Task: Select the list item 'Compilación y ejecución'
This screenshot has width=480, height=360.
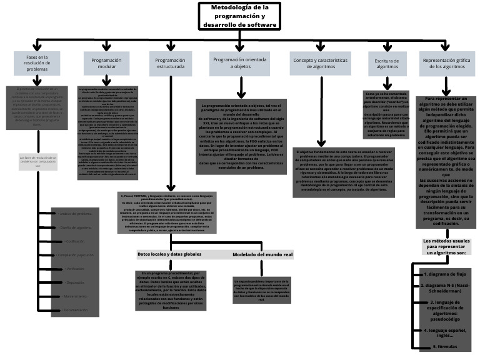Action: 74,255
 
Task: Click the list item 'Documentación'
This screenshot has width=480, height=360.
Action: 74,310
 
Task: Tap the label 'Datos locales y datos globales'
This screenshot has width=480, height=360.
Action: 169,254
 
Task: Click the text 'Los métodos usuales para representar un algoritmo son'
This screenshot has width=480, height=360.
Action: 445,247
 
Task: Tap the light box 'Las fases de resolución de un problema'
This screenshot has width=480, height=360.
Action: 37,161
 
